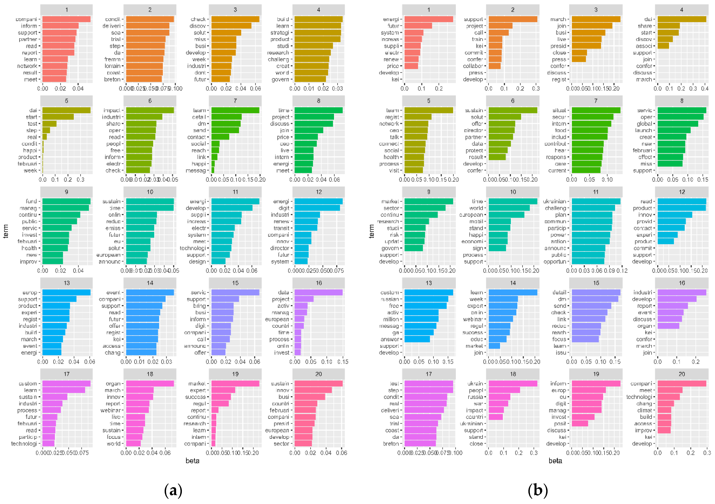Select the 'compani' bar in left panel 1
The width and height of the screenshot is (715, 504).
click(66, 19)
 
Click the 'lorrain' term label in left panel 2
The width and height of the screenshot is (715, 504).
click(112, 66)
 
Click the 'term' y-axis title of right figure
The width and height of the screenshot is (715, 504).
click(371, 231)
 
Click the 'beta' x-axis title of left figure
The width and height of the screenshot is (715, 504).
click(192, 461)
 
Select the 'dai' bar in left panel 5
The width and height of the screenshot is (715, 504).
click(66, 110)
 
